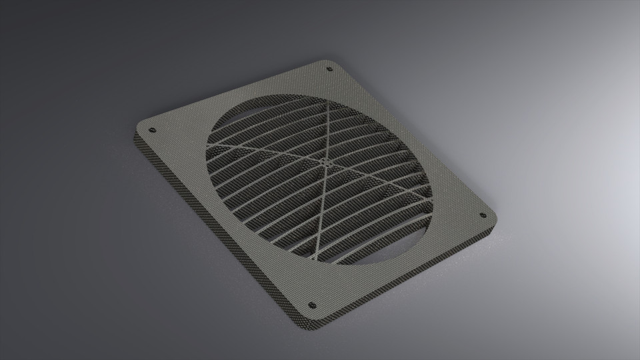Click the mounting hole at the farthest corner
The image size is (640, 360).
[329, 69]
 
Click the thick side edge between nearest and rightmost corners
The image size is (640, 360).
[407, 283]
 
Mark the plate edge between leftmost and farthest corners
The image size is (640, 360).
[233, 93]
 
